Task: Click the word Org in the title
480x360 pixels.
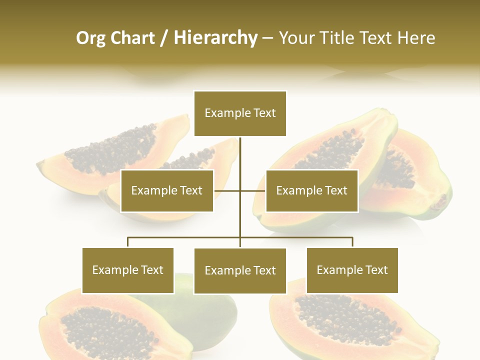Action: [x=90, y=38]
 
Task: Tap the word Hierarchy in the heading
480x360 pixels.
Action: [x=215, y=38]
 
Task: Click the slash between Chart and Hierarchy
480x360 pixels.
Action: [x=164, y=38]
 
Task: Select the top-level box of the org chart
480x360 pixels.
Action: [x=240, y=113]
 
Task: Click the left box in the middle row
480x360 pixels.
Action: [x=167, y=190]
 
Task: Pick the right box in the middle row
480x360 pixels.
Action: [x=312, y=190]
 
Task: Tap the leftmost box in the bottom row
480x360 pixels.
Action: [x=128, y=270]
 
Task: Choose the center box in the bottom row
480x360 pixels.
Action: [x=240, y=271]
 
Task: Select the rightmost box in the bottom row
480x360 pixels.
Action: [x=352, y=270]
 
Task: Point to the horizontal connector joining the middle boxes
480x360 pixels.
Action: [x=228, y=190]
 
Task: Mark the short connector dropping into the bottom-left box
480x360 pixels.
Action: [x=128, y=242]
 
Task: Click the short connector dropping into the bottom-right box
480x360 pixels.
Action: [x=352, y=242]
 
